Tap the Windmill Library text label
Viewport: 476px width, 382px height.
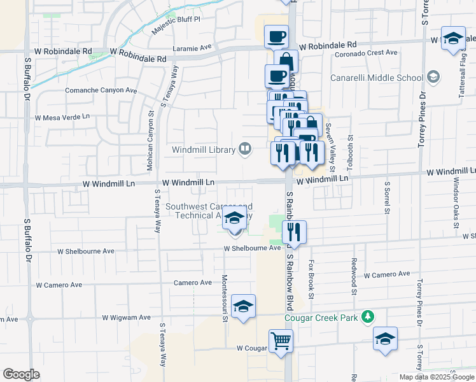click(203, 150)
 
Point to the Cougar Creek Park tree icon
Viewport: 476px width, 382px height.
click(367, 316)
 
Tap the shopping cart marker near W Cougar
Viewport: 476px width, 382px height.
click(281, 341)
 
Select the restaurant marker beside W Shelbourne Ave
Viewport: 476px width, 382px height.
click(295, 232)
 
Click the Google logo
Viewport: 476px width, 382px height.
click(22, 374)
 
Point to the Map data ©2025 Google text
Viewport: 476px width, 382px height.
click(436, 377)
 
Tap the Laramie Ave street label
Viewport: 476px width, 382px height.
click(192, 47)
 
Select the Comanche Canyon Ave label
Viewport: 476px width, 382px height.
click(101, 90)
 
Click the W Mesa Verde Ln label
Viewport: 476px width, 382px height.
click(62, 118)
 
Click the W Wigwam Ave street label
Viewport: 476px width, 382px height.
click(127, 317)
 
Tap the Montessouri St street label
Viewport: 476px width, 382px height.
click(225, 299)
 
